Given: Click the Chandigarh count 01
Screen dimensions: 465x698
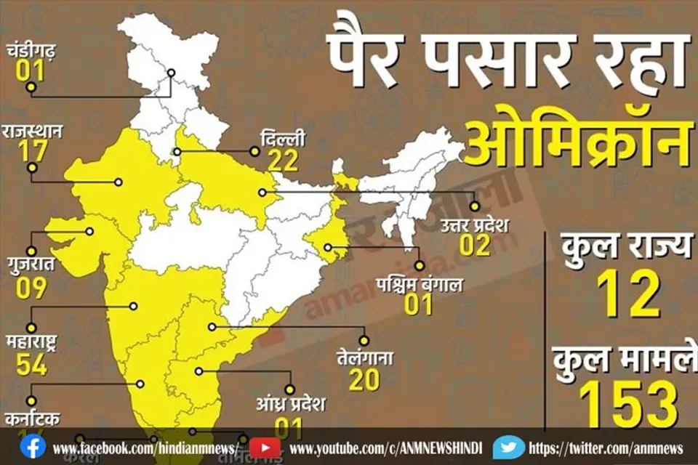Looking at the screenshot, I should (29, 71).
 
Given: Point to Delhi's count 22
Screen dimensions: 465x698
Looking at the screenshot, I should (283, 160).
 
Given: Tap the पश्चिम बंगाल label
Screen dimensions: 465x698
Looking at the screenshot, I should (419, 283).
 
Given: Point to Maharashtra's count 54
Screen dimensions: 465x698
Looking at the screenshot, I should (31, 365).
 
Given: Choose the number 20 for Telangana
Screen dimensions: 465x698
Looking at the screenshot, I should (364, 380).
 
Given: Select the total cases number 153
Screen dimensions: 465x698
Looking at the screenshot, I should (628, 404).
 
